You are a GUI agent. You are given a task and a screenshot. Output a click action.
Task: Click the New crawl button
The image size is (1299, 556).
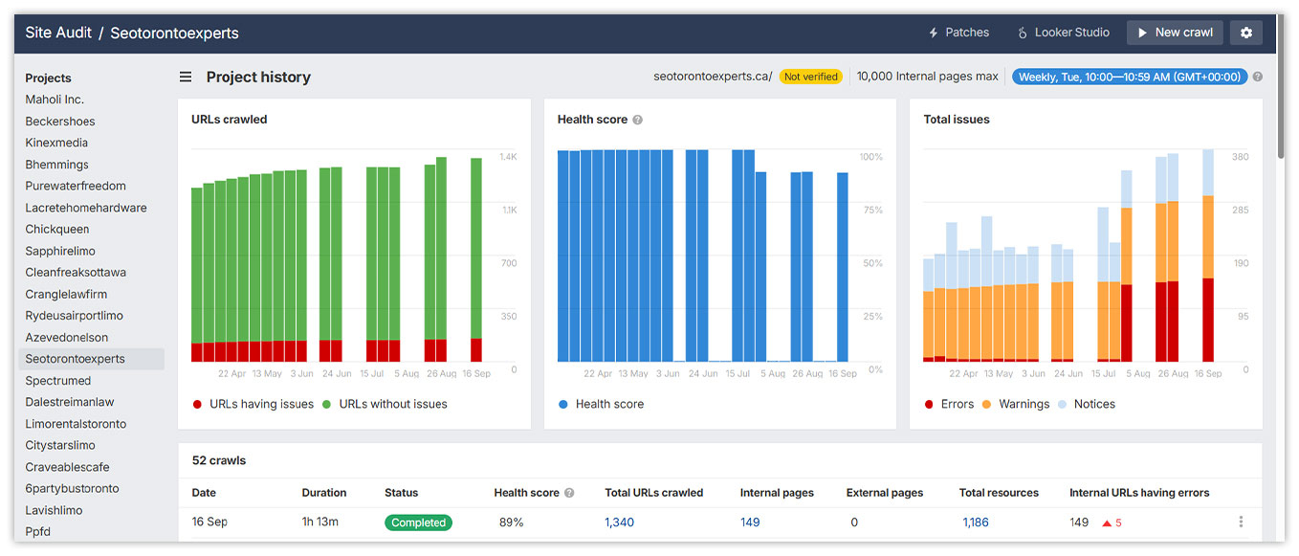1175,33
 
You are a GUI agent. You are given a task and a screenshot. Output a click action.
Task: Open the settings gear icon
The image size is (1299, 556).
1245,33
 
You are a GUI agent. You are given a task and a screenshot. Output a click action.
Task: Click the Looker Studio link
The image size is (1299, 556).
1063,33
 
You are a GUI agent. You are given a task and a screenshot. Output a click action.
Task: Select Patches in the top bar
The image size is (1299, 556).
958,33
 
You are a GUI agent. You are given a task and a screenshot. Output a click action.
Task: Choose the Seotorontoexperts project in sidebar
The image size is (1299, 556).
76,359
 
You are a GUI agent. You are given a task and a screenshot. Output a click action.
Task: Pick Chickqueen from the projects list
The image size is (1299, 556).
57,230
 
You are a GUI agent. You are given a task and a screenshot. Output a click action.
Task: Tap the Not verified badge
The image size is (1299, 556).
810,77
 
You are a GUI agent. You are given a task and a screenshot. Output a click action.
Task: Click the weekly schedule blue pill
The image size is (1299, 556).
1129,77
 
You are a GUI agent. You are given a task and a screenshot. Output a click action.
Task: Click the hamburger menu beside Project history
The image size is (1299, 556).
186,77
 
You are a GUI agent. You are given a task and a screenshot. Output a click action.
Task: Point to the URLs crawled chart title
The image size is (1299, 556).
230,120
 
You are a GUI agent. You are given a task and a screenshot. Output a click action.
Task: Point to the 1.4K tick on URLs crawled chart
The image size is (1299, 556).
508,157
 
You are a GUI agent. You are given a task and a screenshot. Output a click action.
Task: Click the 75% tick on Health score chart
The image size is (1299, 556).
870,210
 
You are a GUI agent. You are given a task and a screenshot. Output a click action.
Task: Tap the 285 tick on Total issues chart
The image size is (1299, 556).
1240,210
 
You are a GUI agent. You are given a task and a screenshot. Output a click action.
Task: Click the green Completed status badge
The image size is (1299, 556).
418,523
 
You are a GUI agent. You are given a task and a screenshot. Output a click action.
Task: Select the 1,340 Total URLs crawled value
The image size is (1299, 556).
619,523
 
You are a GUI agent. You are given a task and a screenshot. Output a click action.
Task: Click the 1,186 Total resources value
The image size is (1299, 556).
975,523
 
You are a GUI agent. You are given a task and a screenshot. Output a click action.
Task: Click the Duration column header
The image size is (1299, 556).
324,493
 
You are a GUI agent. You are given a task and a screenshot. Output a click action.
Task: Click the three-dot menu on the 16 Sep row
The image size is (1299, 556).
1241,522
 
